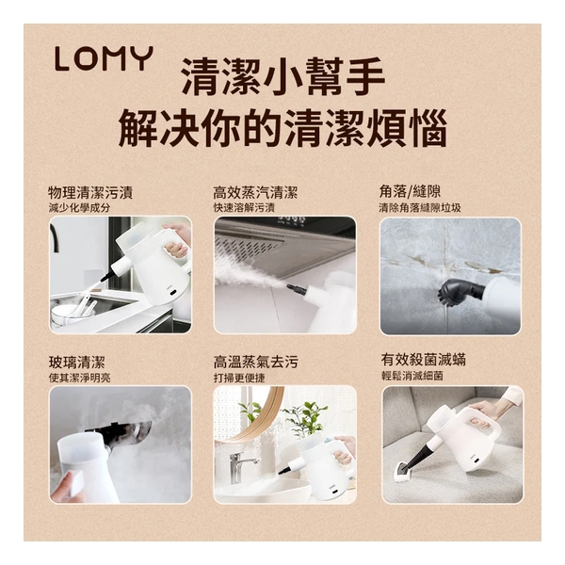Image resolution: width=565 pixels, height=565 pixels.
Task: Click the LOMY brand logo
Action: tap(103, 59)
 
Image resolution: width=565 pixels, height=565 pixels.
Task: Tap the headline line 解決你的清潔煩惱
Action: tap(282, 129)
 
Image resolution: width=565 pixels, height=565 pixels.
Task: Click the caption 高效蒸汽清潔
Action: tap(255, 192)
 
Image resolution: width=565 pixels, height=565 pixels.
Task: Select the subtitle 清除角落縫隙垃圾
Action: tap(420, 207)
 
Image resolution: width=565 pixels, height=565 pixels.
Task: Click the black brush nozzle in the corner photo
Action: tap(457, 288)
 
